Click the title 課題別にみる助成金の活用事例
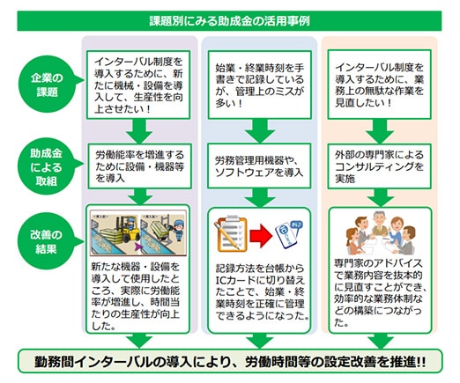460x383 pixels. [x=229, y=18]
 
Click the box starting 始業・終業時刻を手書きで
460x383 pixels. [x=259, y=85]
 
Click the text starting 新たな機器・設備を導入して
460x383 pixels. [x=142, y=296]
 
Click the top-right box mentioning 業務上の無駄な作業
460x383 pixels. [x=380, y=85]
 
